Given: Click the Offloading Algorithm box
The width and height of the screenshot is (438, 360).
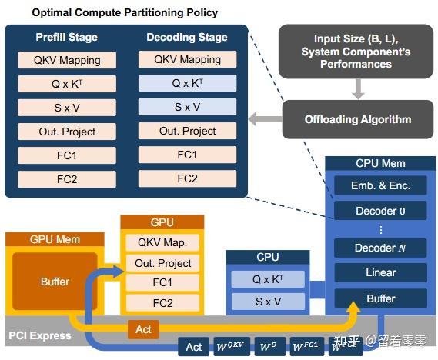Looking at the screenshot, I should point(357,119).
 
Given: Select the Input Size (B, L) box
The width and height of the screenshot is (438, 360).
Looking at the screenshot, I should point(357,51).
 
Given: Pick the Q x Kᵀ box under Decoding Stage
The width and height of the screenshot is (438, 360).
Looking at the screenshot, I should point(187,83).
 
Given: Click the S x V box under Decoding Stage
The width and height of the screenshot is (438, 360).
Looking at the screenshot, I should point(187,107).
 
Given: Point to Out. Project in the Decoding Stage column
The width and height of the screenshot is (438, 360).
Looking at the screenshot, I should point(187,131).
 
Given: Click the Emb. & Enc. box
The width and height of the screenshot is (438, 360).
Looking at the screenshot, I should point(380,185).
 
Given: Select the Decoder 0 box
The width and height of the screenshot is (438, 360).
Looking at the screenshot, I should point(380,211).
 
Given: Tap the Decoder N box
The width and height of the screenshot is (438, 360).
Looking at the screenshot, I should point(380,248).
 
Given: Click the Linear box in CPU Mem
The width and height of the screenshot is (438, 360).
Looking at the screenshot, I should point(380,272).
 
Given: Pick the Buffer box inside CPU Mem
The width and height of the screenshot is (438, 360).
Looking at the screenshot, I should point(380,298).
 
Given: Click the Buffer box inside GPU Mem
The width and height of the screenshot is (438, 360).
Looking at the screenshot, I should point(55,282).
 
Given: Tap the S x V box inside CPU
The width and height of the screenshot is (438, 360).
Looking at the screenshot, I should point(268,302).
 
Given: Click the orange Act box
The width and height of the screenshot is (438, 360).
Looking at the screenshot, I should point(144,329).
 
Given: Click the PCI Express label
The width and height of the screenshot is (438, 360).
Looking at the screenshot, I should point(39,335).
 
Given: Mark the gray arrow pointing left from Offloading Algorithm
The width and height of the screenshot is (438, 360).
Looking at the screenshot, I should point(263,119).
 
